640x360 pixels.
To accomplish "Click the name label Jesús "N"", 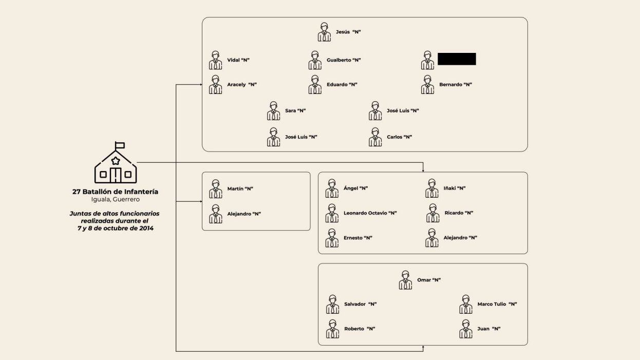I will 348,32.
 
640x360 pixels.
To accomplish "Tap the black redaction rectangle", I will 457,59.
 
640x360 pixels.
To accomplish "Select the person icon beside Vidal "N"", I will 215,60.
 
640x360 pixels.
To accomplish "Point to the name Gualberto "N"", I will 344,60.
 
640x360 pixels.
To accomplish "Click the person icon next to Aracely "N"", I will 215,85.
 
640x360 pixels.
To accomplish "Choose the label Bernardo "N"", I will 455,85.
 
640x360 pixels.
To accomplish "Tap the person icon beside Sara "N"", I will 273,110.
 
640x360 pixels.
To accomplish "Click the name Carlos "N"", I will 399,137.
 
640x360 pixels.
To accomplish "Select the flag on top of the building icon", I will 120,145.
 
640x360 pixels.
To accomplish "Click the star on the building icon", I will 116,161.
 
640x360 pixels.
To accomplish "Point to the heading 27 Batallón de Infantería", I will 115,192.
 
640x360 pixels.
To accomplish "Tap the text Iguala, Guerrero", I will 115,199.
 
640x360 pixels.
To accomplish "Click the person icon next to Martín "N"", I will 215,189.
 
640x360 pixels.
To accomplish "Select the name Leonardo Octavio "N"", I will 370,213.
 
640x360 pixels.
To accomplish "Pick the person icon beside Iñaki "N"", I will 432,188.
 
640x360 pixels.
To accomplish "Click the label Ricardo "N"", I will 459,213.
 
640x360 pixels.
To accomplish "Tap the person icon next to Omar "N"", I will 405,280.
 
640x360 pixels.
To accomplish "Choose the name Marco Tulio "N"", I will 497,304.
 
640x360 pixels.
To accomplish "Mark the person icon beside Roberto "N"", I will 332,329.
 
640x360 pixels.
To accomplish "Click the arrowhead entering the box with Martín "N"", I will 200,202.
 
